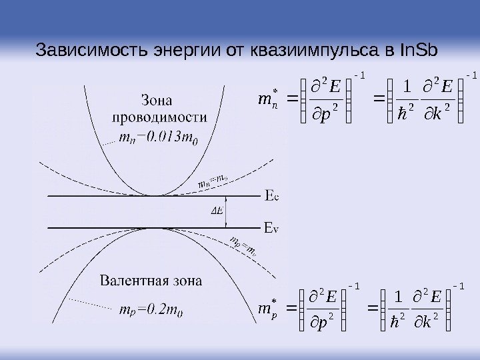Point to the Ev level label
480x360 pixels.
[x=272, y=228]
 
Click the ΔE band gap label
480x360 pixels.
[x=217, y=211]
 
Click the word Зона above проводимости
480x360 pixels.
[x=158, y=101]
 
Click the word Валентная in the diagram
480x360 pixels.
[x=132, y=280]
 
